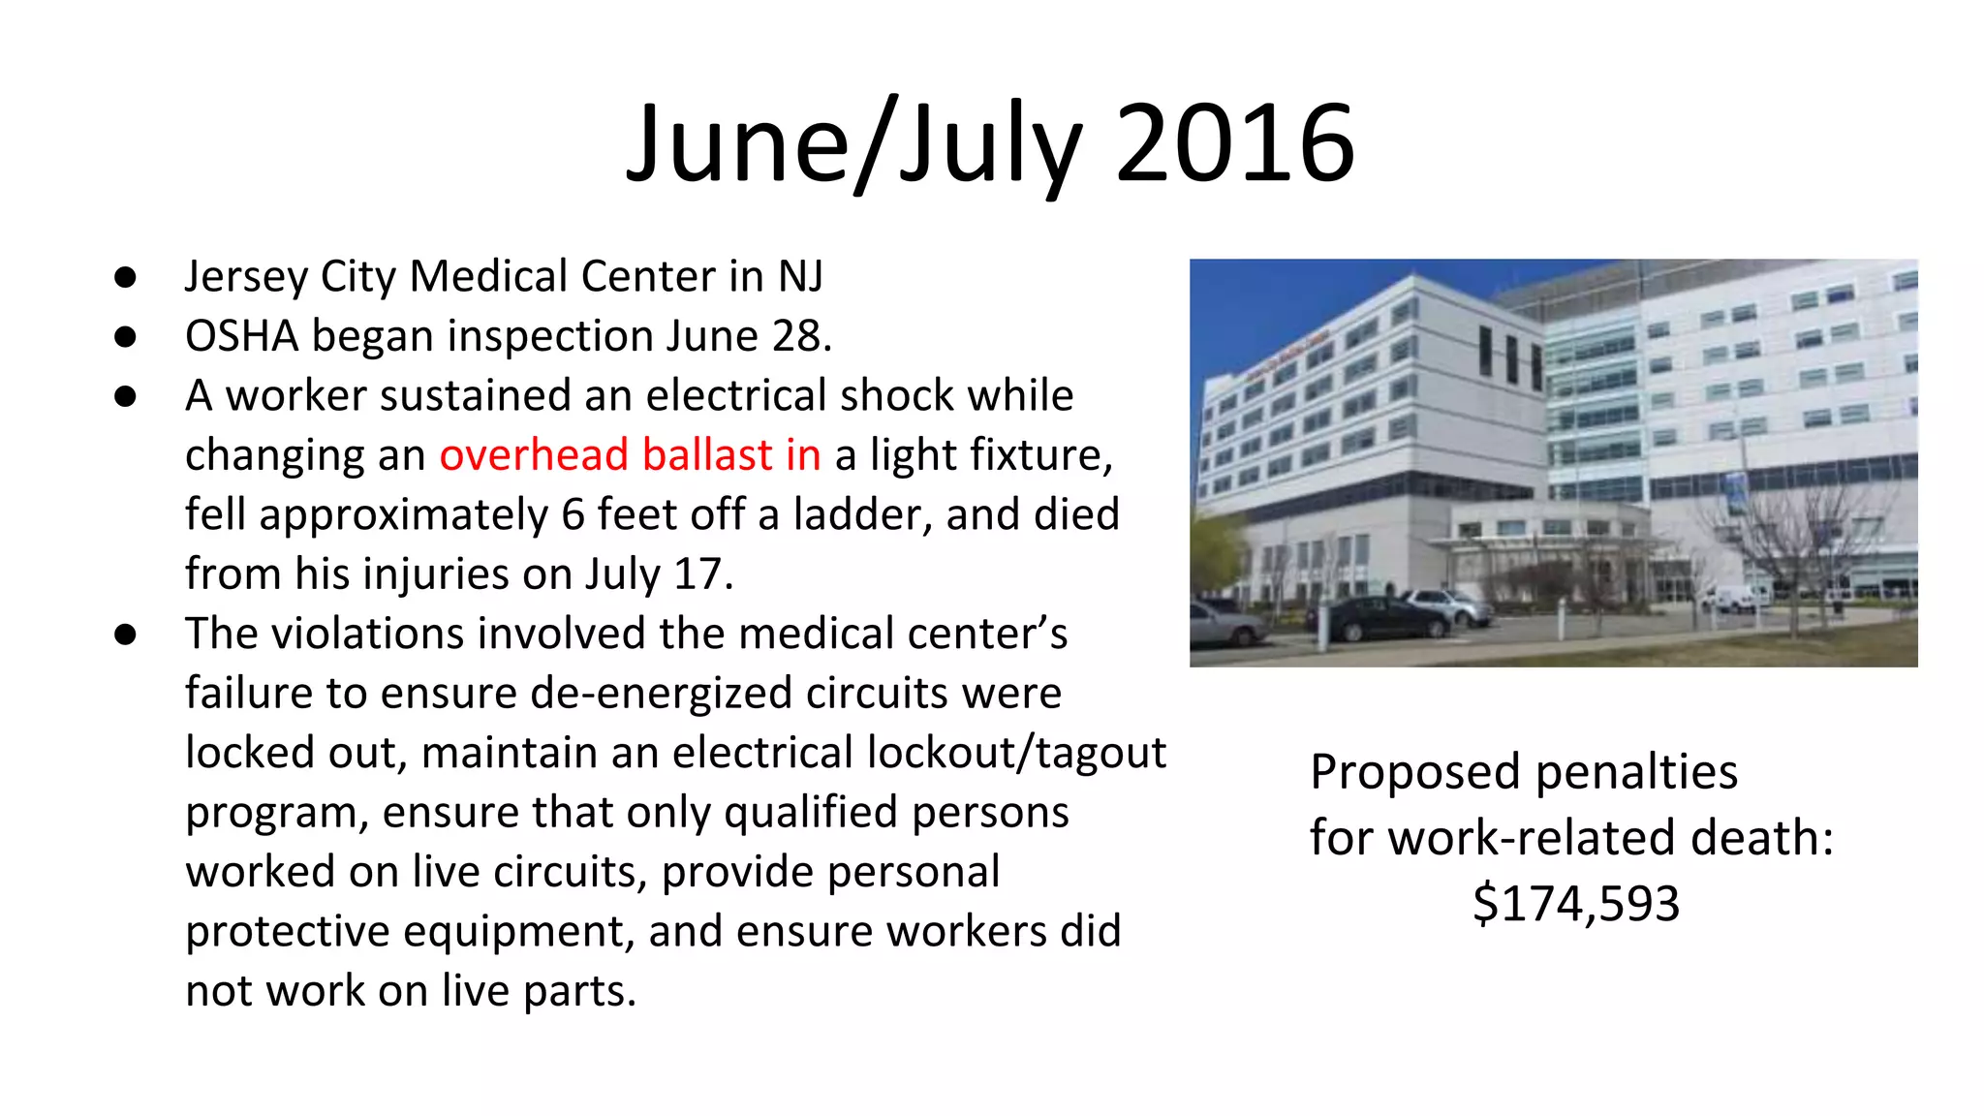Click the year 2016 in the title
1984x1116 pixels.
1235,145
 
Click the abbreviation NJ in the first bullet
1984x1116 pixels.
800,276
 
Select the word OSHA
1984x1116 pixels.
242,336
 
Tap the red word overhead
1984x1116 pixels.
534,455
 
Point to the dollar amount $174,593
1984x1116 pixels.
1576,903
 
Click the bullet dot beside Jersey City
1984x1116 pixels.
125,278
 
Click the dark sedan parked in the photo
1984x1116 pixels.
1380,619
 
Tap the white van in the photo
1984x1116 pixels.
1735,597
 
